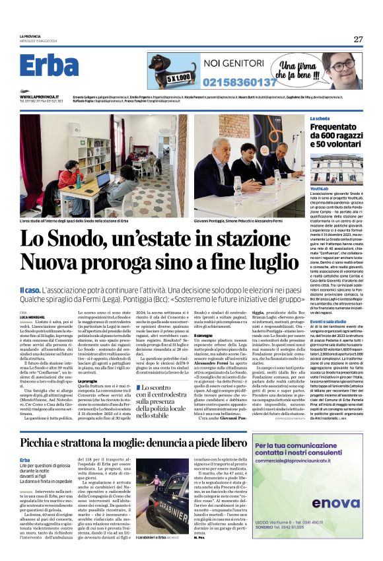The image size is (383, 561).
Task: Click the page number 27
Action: (x=358, y=39)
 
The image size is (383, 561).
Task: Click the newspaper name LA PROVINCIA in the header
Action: (x=30, y=36)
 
